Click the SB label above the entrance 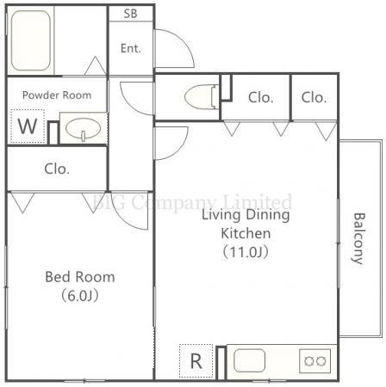click(130, 14)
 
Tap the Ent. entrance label click(131, 48)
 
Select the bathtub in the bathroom click(31, 40)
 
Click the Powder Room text click(57, 95)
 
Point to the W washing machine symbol click(28, 126)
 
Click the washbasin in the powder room click(84, 129)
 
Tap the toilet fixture click(202, 96)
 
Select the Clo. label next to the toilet click(261, 97)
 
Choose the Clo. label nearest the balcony click(314, 97)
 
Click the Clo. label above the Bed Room click(57, 169)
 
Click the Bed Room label click(80, 277)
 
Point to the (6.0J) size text click(80, 296)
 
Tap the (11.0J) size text click(246, 252)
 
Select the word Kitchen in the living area click(246, 233)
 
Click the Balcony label click(358, 238)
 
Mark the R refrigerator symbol click(196, 361)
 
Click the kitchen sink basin click(249, 360)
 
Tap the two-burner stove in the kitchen click(314, 361)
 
